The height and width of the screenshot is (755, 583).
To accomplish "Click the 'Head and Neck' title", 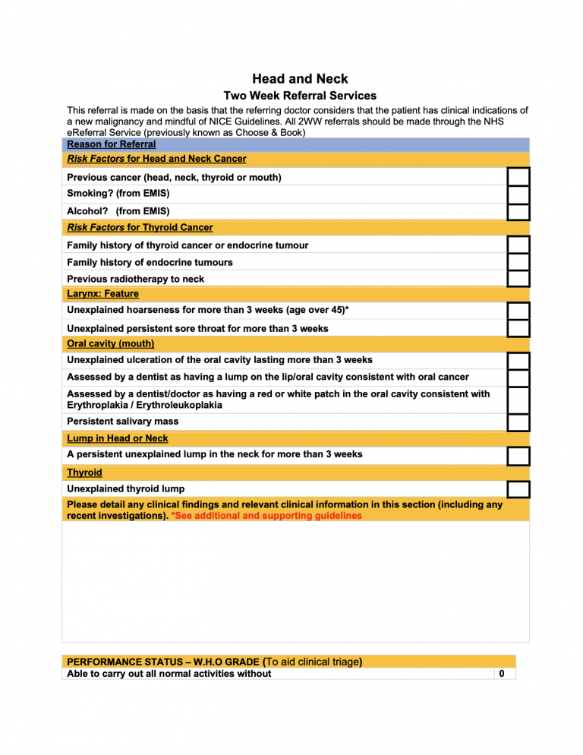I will [x=300, y=79].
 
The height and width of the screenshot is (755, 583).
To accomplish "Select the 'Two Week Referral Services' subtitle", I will [x=300, y=96].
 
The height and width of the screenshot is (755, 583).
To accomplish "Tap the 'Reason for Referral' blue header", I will [x=112, y=144].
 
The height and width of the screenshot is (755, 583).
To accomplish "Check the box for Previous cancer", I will [x=518, y=177].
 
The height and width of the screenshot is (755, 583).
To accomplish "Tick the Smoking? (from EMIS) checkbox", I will [x=518, y=194].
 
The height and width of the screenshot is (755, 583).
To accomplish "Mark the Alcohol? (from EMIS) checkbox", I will [x=518, y=211].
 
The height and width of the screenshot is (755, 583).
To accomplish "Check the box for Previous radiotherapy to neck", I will [x=518, y=278].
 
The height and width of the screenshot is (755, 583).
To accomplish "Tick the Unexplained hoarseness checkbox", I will [x=518, y=311].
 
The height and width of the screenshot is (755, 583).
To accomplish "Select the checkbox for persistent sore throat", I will [x=518, y=328].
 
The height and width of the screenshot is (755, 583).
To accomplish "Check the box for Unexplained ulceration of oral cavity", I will [x=518, y=361].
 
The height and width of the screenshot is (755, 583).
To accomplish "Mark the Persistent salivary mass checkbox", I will [x=518, y=422].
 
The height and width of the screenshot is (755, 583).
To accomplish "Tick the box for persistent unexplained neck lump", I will [x=518, y=456].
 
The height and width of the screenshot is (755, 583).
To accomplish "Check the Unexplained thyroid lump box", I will [x=518, y=489].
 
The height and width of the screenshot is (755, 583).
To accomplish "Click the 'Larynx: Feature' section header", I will [x=102, y=294].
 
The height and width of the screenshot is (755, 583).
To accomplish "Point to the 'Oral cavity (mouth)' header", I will [x=110, y=344].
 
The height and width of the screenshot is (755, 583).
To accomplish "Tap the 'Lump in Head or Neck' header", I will [x=118, y=438].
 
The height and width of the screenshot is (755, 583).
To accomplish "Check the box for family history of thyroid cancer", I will [x=518, y=245].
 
